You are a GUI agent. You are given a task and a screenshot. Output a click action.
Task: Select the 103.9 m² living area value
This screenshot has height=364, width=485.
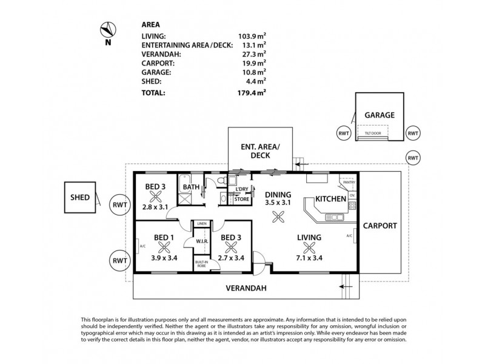click(252, 36)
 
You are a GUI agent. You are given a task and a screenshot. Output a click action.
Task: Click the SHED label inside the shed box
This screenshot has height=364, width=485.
click(80, 198)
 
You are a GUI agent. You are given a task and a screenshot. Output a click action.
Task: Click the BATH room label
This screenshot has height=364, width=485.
click(192, 187)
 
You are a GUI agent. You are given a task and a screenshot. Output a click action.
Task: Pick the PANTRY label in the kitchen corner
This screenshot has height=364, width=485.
click(348, 181)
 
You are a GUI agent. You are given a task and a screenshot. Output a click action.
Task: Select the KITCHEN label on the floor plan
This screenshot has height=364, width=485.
click(330, 198)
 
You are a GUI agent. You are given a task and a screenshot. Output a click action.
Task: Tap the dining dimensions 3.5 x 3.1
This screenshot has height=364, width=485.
click(278, 204)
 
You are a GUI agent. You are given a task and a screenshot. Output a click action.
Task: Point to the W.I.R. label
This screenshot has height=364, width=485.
click(201, 242)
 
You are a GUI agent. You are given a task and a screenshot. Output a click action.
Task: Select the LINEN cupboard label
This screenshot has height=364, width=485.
click(201, 224)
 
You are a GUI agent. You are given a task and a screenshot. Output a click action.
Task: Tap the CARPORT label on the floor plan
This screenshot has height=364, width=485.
click(380, 226)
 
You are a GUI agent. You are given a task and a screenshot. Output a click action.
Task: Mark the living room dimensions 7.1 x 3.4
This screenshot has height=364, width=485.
click(309, 257)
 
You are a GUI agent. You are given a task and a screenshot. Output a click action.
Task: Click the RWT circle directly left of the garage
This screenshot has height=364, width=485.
click(344, 133)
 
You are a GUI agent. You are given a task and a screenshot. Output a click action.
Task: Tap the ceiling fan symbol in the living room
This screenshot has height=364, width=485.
click(310, 246)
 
